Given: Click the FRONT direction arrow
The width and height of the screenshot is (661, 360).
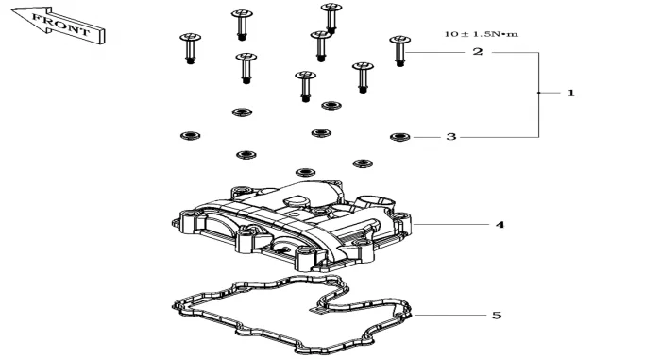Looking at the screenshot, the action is point(59,26).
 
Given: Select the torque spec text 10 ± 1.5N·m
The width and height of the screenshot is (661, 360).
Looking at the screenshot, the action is point(482,34).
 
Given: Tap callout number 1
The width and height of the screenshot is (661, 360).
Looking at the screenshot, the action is point(570,93).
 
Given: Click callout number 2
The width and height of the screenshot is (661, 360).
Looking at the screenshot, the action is point(477,52).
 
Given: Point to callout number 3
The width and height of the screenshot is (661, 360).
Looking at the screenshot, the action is point(451,137).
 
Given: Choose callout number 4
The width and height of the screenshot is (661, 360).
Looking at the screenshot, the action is point(500,225).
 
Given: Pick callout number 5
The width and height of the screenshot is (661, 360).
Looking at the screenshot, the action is point(497,316).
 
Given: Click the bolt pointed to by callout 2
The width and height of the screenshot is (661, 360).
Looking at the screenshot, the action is point(400,51).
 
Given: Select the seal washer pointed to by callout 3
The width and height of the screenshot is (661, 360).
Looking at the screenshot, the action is point(400,137).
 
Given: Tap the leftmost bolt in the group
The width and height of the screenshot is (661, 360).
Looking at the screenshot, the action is point(190,48).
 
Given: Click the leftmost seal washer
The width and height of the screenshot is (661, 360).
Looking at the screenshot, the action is point(190,136).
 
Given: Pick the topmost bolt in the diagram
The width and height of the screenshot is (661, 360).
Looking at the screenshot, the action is point(331,18).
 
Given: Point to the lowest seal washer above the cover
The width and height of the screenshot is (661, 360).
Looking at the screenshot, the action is point(306,172).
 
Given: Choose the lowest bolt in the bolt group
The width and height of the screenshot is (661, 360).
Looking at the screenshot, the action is point(306,87).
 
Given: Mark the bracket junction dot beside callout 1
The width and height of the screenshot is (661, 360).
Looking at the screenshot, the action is point(539,93).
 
